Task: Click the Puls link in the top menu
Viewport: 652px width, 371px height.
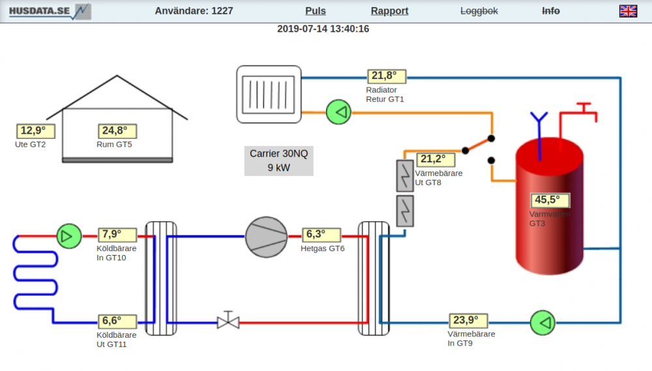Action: [x=316, y=11]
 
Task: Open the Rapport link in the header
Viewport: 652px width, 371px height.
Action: [x=389, y=11]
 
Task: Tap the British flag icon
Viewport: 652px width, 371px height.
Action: [x=628, y=11]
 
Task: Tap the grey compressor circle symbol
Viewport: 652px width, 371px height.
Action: [x=266, y=236]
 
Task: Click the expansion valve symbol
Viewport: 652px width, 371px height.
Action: [x=228, y=321]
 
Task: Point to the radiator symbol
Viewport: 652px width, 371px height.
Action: [x=269, y=94]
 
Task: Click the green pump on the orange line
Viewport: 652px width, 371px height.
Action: [x=338, y=112]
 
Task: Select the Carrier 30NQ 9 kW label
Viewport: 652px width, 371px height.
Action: [x=278, y=160]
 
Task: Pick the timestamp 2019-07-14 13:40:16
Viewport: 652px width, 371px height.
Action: [x=323, y=29]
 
